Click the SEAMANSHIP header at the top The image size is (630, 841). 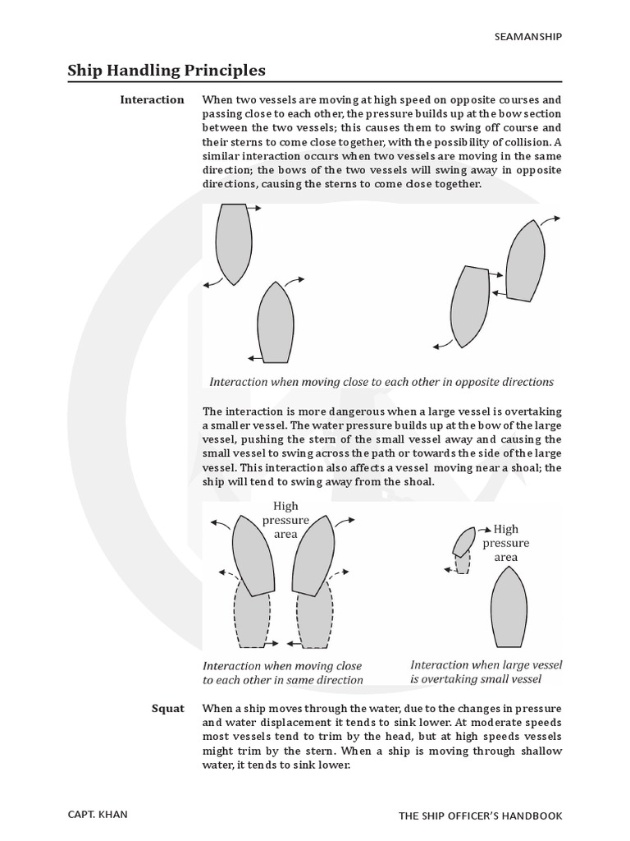coord(530,36)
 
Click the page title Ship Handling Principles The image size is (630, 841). coord(167,71)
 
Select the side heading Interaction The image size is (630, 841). coord(152,99)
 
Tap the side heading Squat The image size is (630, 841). coord(167,708)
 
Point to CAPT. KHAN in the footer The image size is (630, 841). coord(98,815)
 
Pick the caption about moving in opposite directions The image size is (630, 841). coord(381,382)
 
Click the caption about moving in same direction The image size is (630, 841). coord(282,673)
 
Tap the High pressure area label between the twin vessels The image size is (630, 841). coord(285,521)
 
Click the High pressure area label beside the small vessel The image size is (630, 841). coord(505,543)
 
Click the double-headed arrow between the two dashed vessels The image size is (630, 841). coord(283,643)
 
